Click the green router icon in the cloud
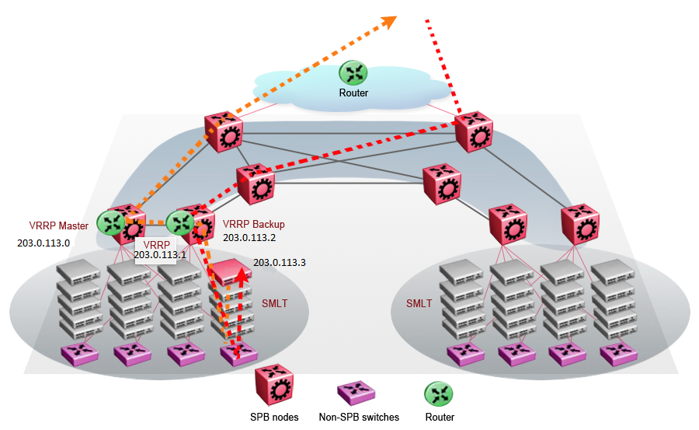[354, 73]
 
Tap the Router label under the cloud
[353, 93]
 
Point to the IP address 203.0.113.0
[43, 243]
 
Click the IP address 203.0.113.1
[160, 254]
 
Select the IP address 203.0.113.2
[249, 237]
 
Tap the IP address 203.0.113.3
[279, 263]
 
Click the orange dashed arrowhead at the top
[388, 20]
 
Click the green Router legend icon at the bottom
[440, 392]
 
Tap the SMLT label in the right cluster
[419, 303]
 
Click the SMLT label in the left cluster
[273, 303]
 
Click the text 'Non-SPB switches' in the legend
[359, 418]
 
